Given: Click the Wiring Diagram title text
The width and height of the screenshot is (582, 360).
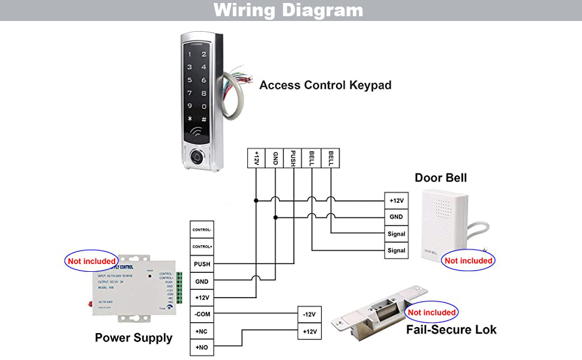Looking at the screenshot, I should pos(288,10).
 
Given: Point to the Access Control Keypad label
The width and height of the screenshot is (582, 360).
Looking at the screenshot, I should pos(325,85).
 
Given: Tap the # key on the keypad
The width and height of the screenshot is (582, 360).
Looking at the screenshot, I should pos(204,119).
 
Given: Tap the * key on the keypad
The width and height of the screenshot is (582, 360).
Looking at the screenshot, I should pos(190,119).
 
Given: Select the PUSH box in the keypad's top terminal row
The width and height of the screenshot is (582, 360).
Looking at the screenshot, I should pos(293,158).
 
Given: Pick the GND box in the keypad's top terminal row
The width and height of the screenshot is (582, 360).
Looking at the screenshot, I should pos(275,158).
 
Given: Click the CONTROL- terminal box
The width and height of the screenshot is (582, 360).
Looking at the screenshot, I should pos(202,230).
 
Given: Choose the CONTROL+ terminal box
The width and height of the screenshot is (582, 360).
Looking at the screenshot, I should pos(202,247).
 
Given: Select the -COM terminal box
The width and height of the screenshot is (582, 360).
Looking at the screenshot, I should pos(202,314).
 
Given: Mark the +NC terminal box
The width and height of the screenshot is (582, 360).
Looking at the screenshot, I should pos(202,331).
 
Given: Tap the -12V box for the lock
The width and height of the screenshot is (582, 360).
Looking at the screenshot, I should pos(310,314).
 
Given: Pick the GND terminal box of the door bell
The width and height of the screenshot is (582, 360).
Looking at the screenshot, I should pos(396,217).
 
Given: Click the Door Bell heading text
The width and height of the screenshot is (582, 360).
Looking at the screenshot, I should pos(440,178).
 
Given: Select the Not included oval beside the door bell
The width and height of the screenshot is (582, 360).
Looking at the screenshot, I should pos(468,261).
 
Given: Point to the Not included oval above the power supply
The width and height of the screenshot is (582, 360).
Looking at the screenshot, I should pos(91,262).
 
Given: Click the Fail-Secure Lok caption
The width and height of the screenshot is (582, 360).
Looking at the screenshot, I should pos(451,329).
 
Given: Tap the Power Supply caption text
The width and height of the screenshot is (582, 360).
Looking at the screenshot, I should pos(133,338).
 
